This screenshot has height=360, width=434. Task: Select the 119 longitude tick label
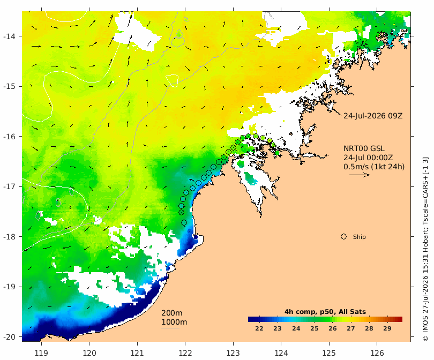coord(41,353)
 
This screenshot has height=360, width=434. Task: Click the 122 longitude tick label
coord(185,353)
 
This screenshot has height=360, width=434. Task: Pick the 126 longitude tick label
coord(377,353)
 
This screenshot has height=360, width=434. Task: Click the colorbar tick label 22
coord(259,328)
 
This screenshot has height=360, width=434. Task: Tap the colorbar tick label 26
coord(332,328)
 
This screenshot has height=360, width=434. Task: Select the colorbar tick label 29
coord(387,328)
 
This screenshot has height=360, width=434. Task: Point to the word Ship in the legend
coord(360,237)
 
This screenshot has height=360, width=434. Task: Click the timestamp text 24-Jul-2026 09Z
coord(373,116)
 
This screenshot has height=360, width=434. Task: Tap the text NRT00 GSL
coord(364,148)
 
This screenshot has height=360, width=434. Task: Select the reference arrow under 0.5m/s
coord(360,175)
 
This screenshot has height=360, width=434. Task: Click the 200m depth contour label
coord(171,313)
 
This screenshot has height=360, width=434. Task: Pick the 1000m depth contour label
coord(174,322)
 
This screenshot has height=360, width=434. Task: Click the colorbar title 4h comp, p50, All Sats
coord(325,312)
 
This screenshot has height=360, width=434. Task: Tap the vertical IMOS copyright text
coord(426,249)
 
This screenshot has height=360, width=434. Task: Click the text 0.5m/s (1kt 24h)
coord(374,167)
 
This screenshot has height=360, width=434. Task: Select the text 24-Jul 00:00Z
coord(368,157)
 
